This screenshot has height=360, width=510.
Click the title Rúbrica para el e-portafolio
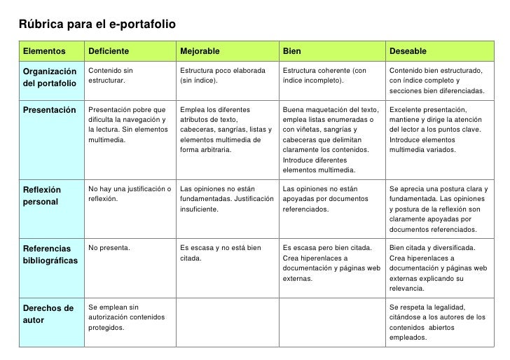(97, 25)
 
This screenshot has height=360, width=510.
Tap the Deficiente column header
(108, 51)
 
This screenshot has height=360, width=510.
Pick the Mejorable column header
(200, 51)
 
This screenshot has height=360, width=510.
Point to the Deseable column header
(408, 51)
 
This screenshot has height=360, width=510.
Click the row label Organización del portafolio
(49, 77)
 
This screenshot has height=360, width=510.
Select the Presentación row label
(49, 110)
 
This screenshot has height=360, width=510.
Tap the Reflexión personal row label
(42, 195)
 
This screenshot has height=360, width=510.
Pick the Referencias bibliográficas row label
(50, 254)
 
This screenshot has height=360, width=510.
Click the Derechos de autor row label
(48, 314)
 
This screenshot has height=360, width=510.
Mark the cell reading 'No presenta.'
(109, 248)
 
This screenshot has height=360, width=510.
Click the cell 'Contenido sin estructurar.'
(111, 76)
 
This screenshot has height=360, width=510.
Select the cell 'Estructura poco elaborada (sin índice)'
(223, 76)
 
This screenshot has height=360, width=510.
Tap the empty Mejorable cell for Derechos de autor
(226, 322)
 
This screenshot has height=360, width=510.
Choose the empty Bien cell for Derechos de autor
(331, 322)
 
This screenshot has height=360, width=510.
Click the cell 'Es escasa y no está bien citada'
(221, 253)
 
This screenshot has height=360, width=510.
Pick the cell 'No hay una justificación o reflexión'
(130, 193)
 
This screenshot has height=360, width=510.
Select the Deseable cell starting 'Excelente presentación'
(437, 130)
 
